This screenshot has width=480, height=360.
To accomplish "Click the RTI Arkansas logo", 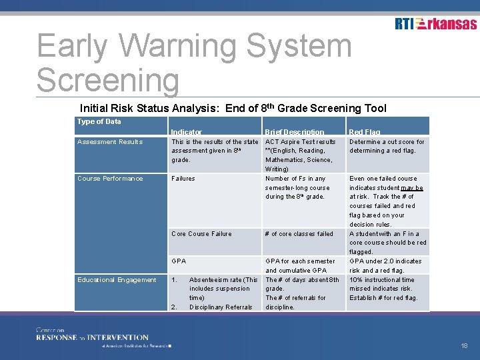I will click(435, 24).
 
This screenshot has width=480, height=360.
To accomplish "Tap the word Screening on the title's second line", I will click(108, 80).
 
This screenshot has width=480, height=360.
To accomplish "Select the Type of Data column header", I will click(99, 121).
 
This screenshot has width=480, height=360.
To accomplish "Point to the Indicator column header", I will click(186, 132).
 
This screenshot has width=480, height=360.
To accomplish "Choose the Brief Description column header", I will click(294, 132).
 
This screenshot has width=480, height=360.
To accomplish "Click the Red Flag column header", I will click(365, 132).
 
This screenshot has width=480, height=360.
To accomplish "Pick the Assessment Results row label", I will click(110, 142).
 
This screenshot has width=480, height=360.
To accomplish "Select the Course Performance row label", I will click(110, 179).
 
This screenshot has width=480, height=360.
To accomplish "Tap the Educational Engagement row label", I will click(117, 280).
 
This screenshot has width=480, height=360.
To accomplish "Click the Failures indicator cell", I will click(183, 179).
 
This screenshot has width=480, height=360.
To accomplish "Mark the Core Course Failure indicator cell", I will click(201, 234).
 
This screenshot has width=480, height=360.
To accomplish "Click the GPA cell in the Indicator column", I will click(179, 261).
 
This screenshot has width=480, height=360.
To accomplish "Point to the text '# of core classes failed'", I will click(299, 234).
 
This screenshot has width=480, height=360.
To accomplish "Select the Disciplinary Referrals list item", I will click(221, 307).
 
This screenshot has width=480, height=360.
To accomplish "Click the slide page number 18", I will click(464, 346).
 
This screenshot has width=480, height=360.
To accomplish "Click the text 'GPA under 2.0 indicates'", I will click(385, 261).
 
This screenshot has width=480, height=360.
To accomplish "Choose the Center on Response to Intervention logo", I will click(93, 337).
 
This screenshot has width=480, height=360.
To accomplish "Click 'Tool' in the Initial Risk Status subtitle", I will click(375, 108).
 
